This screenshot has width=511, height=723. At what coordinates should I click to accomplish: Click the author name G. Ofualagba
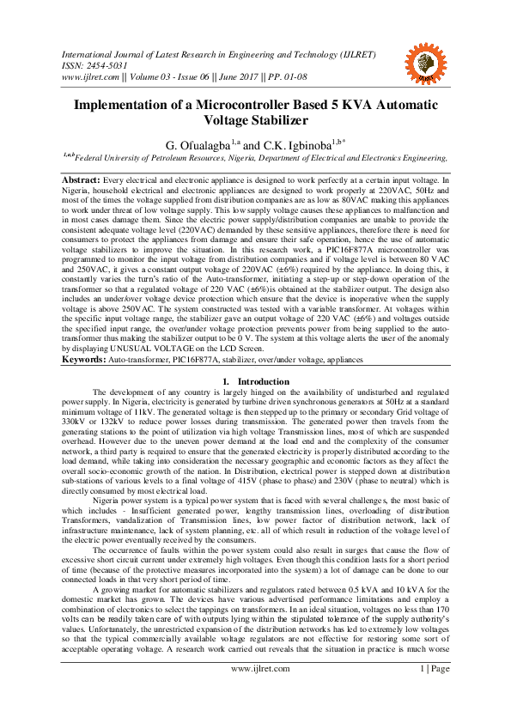tap(194, 145)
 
